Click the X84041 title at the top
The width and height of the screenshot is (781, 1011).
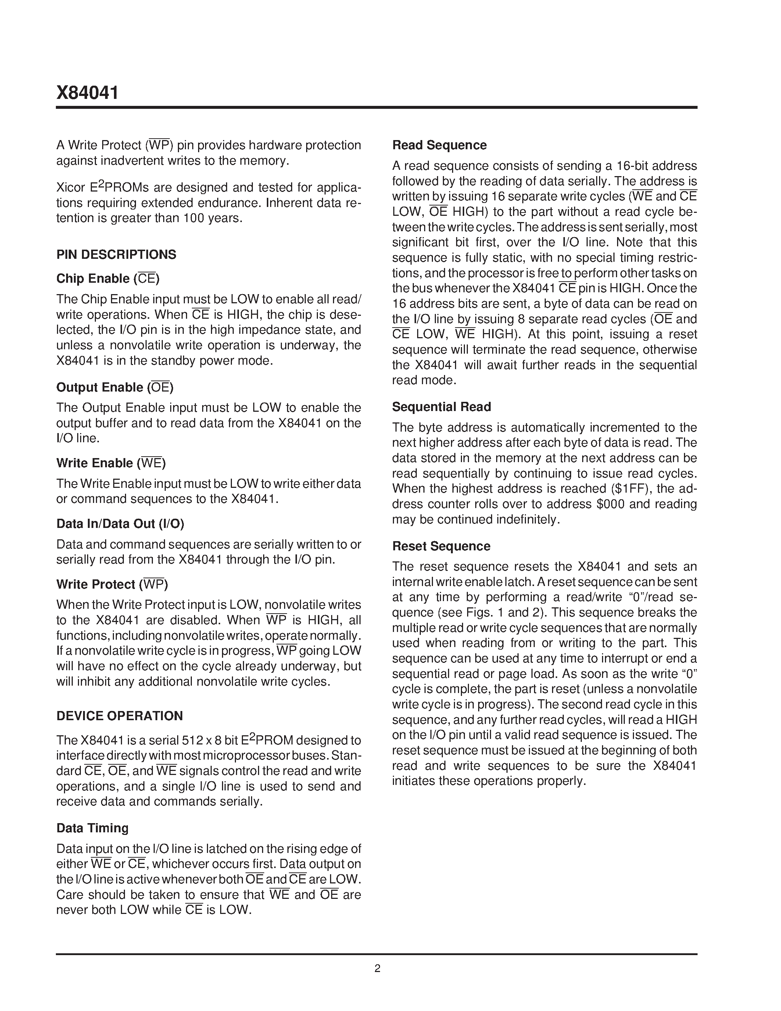pos(87,93)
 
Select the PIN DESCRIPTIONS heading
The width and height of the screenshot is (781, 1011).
pos(116,255)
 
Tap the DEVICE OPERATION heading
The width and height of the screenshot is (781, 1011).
pos(119,716)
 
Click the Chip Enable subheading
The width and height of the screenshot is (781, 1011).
pos(107,279)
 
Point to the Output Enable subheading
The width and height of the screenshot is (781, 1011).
pos(114,387)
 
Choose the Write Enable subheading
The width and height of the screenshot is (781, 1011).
pos(111,463)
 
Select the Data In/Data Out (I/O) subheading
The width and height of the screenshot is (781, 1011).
pos(120,524)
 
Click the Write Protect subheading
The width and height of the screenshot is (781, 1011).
pos(112,584)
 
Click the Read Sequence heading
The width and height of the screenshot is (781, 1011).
pos(439,145)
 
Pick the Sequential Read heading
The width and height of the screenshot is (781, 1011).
pos(441,407)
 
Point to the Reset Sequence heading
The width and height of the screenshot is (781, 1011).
pos(441,546)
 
